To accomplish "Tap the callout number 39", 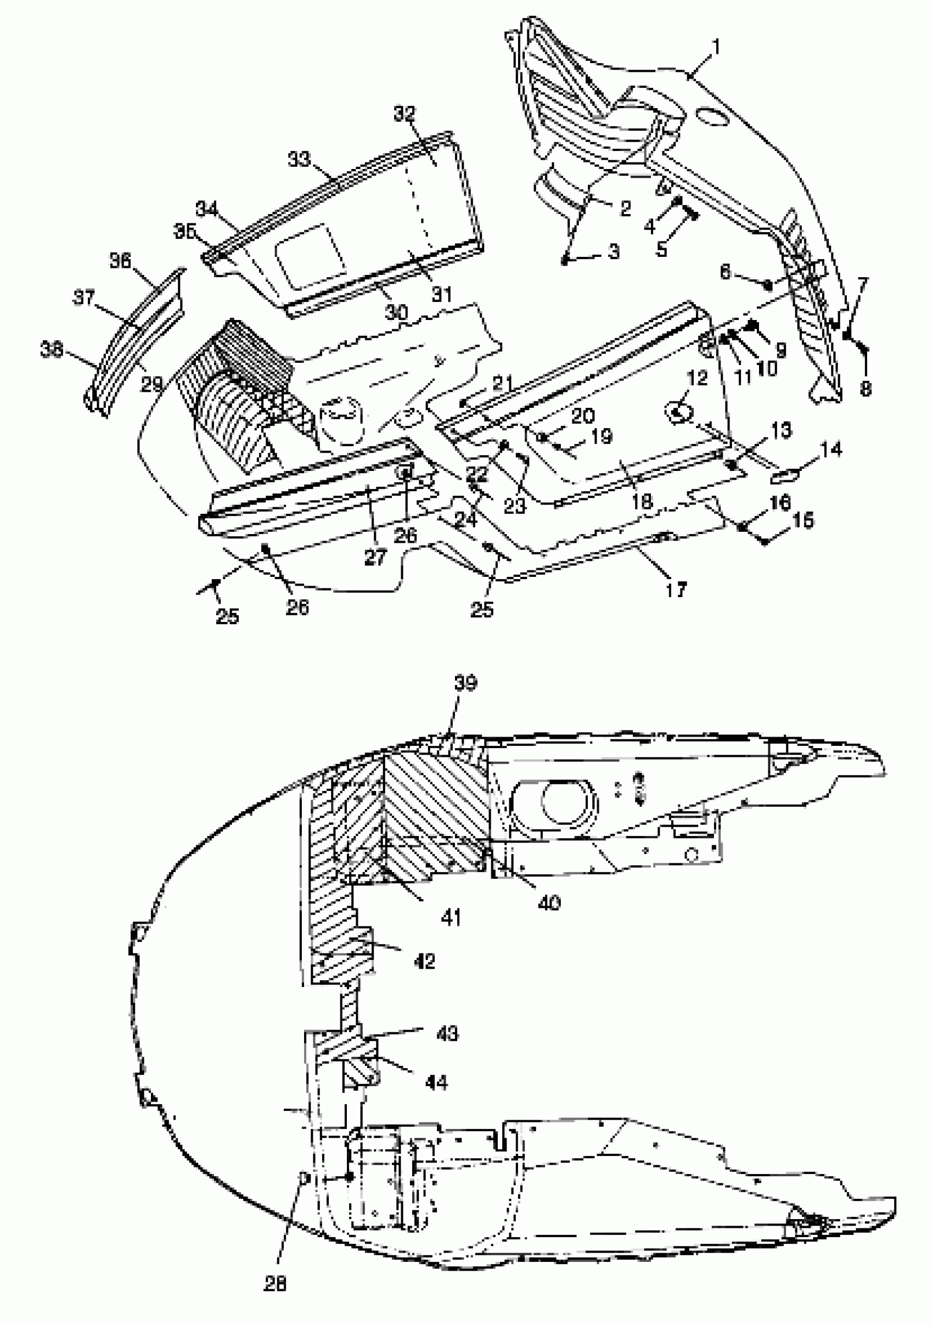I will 465,683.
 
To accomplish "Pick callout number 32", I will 404,114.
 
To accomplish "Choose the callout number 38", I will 52,350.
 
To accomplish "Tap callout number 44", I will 436,1082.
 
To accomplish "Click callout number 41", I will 451,917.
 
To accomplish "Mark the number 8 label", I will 865,389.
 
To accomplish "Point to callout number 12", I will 696,378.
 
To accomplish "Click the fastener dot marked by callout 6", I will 768,284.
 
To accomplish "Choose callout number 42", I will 424,961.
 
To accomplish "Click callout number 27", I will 375,557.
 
